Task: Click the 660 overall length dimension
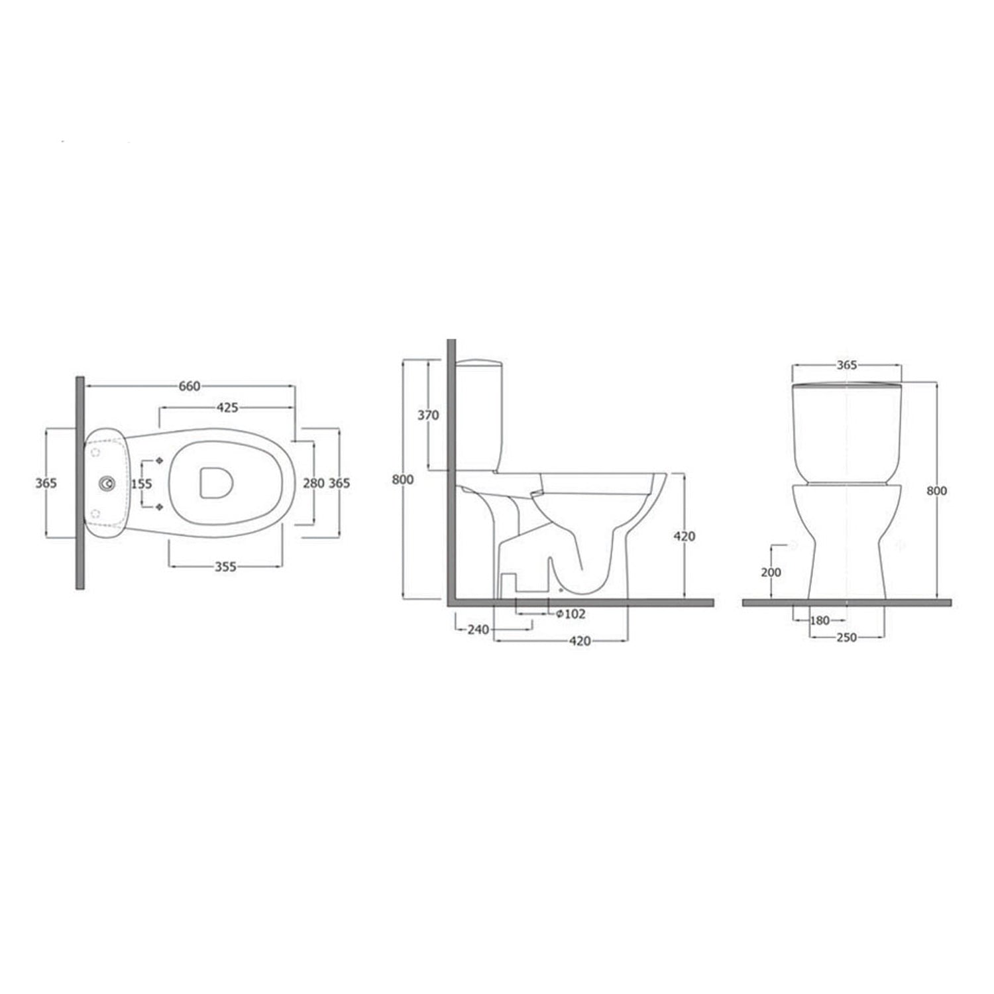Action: click(x=189, y=386)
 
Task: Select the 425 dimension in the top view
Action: click(x=227, y=408)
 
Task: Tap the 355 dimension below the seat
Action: click(x=225, y=567)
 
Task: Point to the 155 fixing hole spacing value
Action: click(x=141, y=484)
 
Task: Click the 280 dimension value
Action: click(x=313, y=484)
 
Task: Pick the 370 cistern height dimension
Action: click(x=428, y=415)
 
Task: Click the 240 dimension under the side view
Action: click(x=478, y=630)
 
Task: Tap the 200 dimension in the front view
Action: click(x=771, y=572)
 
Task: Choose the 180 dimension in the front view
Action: click(x=820, y=621)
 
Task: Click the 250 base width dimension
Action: click(x=846, y=637)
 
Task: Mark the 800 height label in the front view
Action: click(x=937, y=491)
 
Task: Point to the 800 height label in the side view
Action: click(x=402, y=480)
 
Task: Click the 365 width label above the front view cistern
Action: click(x=847, y=365)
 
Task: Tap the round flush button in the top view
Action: click(x=105, y=484)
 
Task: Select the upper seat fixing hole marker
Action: click(x=159, y=460)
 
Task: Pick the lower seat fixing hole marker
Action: click(x=159, y=507)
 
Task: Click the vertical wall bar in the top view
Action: click(x=80, y=482)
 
